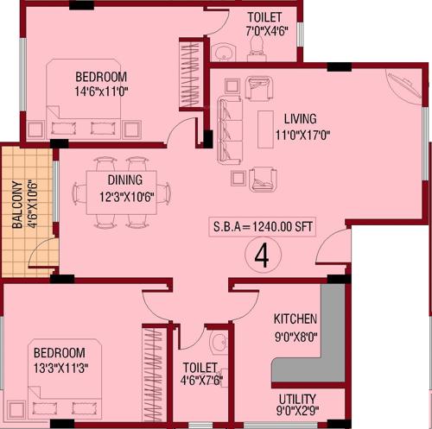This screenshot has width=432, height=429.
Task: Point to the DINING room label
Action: click(x=125, y=180)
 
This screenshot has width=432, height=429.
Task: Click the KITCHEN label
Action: click(x=295, y=319)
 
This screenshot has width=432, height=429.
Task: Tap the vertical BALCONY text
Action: click(x=16, y=209)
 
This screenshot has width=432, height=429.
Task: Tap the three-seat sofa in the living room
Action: click(x=229, y=125)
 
